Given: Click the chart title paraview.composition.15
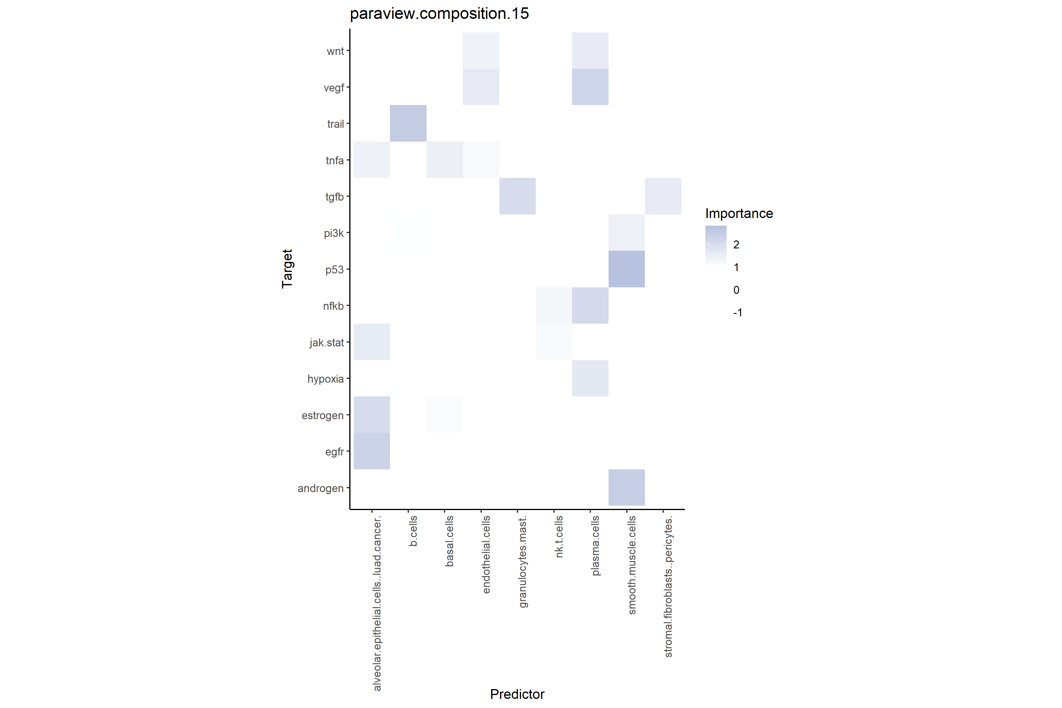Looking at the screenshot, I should pos(439,14).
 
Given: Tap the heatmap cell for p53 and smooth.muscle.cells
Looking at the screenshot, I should pos(626,269).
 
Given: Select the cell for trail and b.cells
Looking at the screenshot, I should pos(408,123).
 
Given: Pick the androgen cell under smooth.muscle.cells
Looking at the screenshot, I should pos(626,488).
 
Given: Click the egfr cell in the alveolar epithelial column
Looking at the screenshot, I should pos(372,451).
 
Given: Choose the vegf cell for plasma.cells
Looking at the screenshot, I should pos(590,87).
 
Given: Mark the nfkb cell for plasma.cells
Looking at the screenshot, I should pos(590,306).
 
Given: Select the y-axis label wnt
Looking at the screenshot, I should pos(335,51).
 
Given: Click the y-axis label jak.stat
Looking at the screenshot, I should pos(327,343).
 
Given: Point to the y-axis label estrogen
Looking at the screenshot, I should pos(322,415).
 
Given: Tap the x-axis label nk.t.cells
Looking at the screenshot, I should pos(559,537).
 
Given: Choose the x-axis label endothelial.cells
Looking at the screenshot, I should pos(486,555).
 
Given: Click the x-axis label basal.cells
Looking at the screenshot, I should pos(449,541).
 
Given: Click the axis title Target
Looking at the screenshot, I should pos(287,269).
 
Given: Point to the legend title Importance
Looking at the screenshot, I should pos(739,214).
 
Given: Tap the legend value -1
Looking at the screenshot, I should pos(737,312).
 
